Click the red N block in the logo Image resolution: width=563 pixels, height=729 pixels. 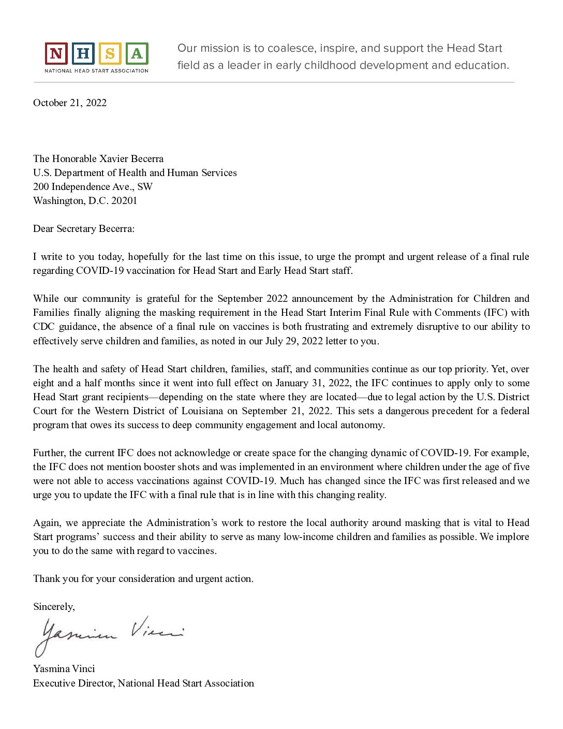tap(56, 53)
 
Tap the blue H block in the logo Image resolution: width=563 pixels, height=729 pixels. tap(83, 53)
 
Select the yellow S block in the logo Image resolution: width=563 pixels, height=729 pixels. tap(110, 53)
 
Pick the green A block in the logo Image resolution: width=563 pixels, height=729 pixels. tap(137, 53)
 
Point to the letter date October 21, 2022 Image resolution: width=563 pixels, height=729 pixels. tap(70, 103)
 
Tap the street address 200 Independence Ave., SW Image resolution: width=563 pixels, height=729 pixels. tap(93, 186)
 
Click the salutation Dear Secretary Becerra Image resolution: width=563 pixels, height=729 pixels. tap(84, 228)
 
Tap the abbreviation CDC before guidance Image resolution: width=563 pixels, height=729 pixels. tap(43, 326)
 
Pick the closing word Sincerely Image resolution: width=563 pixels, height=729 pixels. tap(54, 606)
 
